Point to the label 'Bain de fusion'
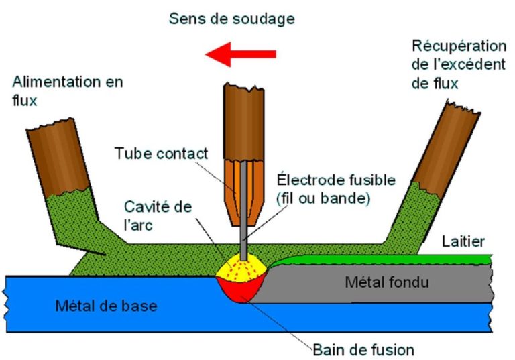[x=363, y=349]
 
